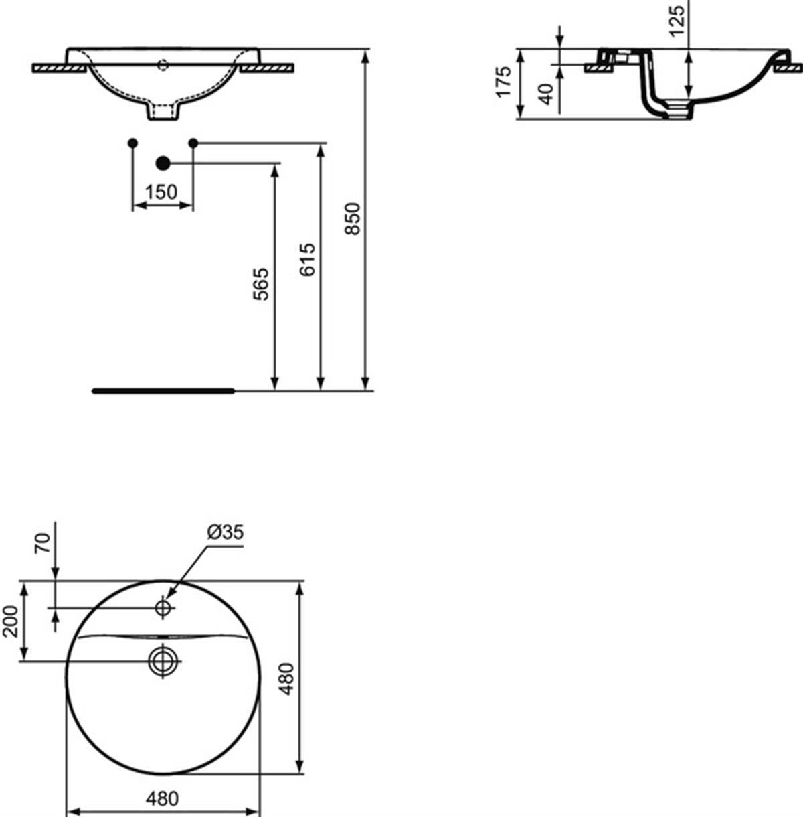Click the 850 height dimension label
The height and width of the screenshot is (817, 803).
tap(353, 218)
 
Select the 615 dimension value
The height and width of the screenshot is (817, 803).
tap(307, 259)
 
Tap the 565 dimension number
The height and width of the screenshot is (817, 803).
tap(261, 284)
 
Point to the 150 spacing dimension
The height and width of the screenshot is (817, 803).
tap(161, 192)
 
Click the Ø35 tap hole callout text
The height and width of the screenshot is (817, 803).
tap(226, 532)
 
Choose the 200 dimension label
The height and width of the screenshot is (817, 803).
tap(10, 621)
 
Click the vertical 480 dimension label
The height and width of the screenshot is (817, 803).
tap(287, 679)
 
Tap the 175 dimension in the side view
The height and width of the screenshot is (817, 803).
tap(504, 82)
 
